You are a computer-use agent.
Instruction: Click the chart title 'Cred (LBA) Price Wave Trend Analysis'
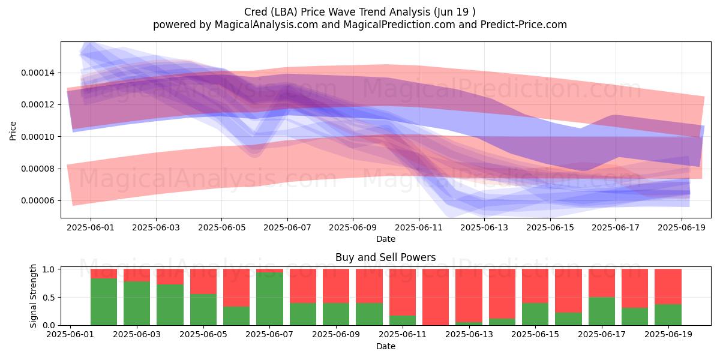337,12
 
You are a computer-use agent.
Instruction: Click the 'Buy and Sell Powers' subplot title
385,257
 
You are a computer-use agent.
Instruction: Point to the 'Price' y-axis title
13,131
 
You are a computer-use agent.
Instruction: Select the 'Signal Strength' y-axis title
33,296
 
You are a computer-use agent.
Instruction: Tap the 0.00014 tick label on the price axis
38,73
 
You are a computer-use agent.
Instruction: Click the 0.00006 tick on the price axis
38,201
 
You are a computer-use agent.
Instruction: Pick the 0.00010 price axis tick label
38,137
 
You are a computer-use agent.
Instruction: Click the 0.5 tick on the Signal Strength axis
49,298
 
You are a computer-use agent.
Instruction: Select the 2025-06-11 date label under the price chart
419,227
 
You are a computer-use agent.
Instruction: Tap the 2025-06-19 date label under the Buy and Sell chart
668,334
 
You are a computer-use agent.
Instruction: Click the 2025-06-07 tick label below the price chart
287,227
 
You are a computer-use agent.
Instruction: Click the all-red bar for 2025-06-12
436,297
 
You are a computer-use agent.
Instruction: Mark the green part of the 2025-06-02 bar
104,302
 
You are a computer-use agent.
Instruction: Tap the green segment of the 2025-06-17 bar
602,311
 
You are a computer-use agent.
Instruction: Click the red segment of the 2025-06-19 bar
668,287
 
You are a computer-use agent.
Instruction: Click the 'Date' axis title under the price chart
386,239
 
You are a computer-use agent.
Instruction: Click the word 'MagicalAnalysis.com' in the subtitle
266,25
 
